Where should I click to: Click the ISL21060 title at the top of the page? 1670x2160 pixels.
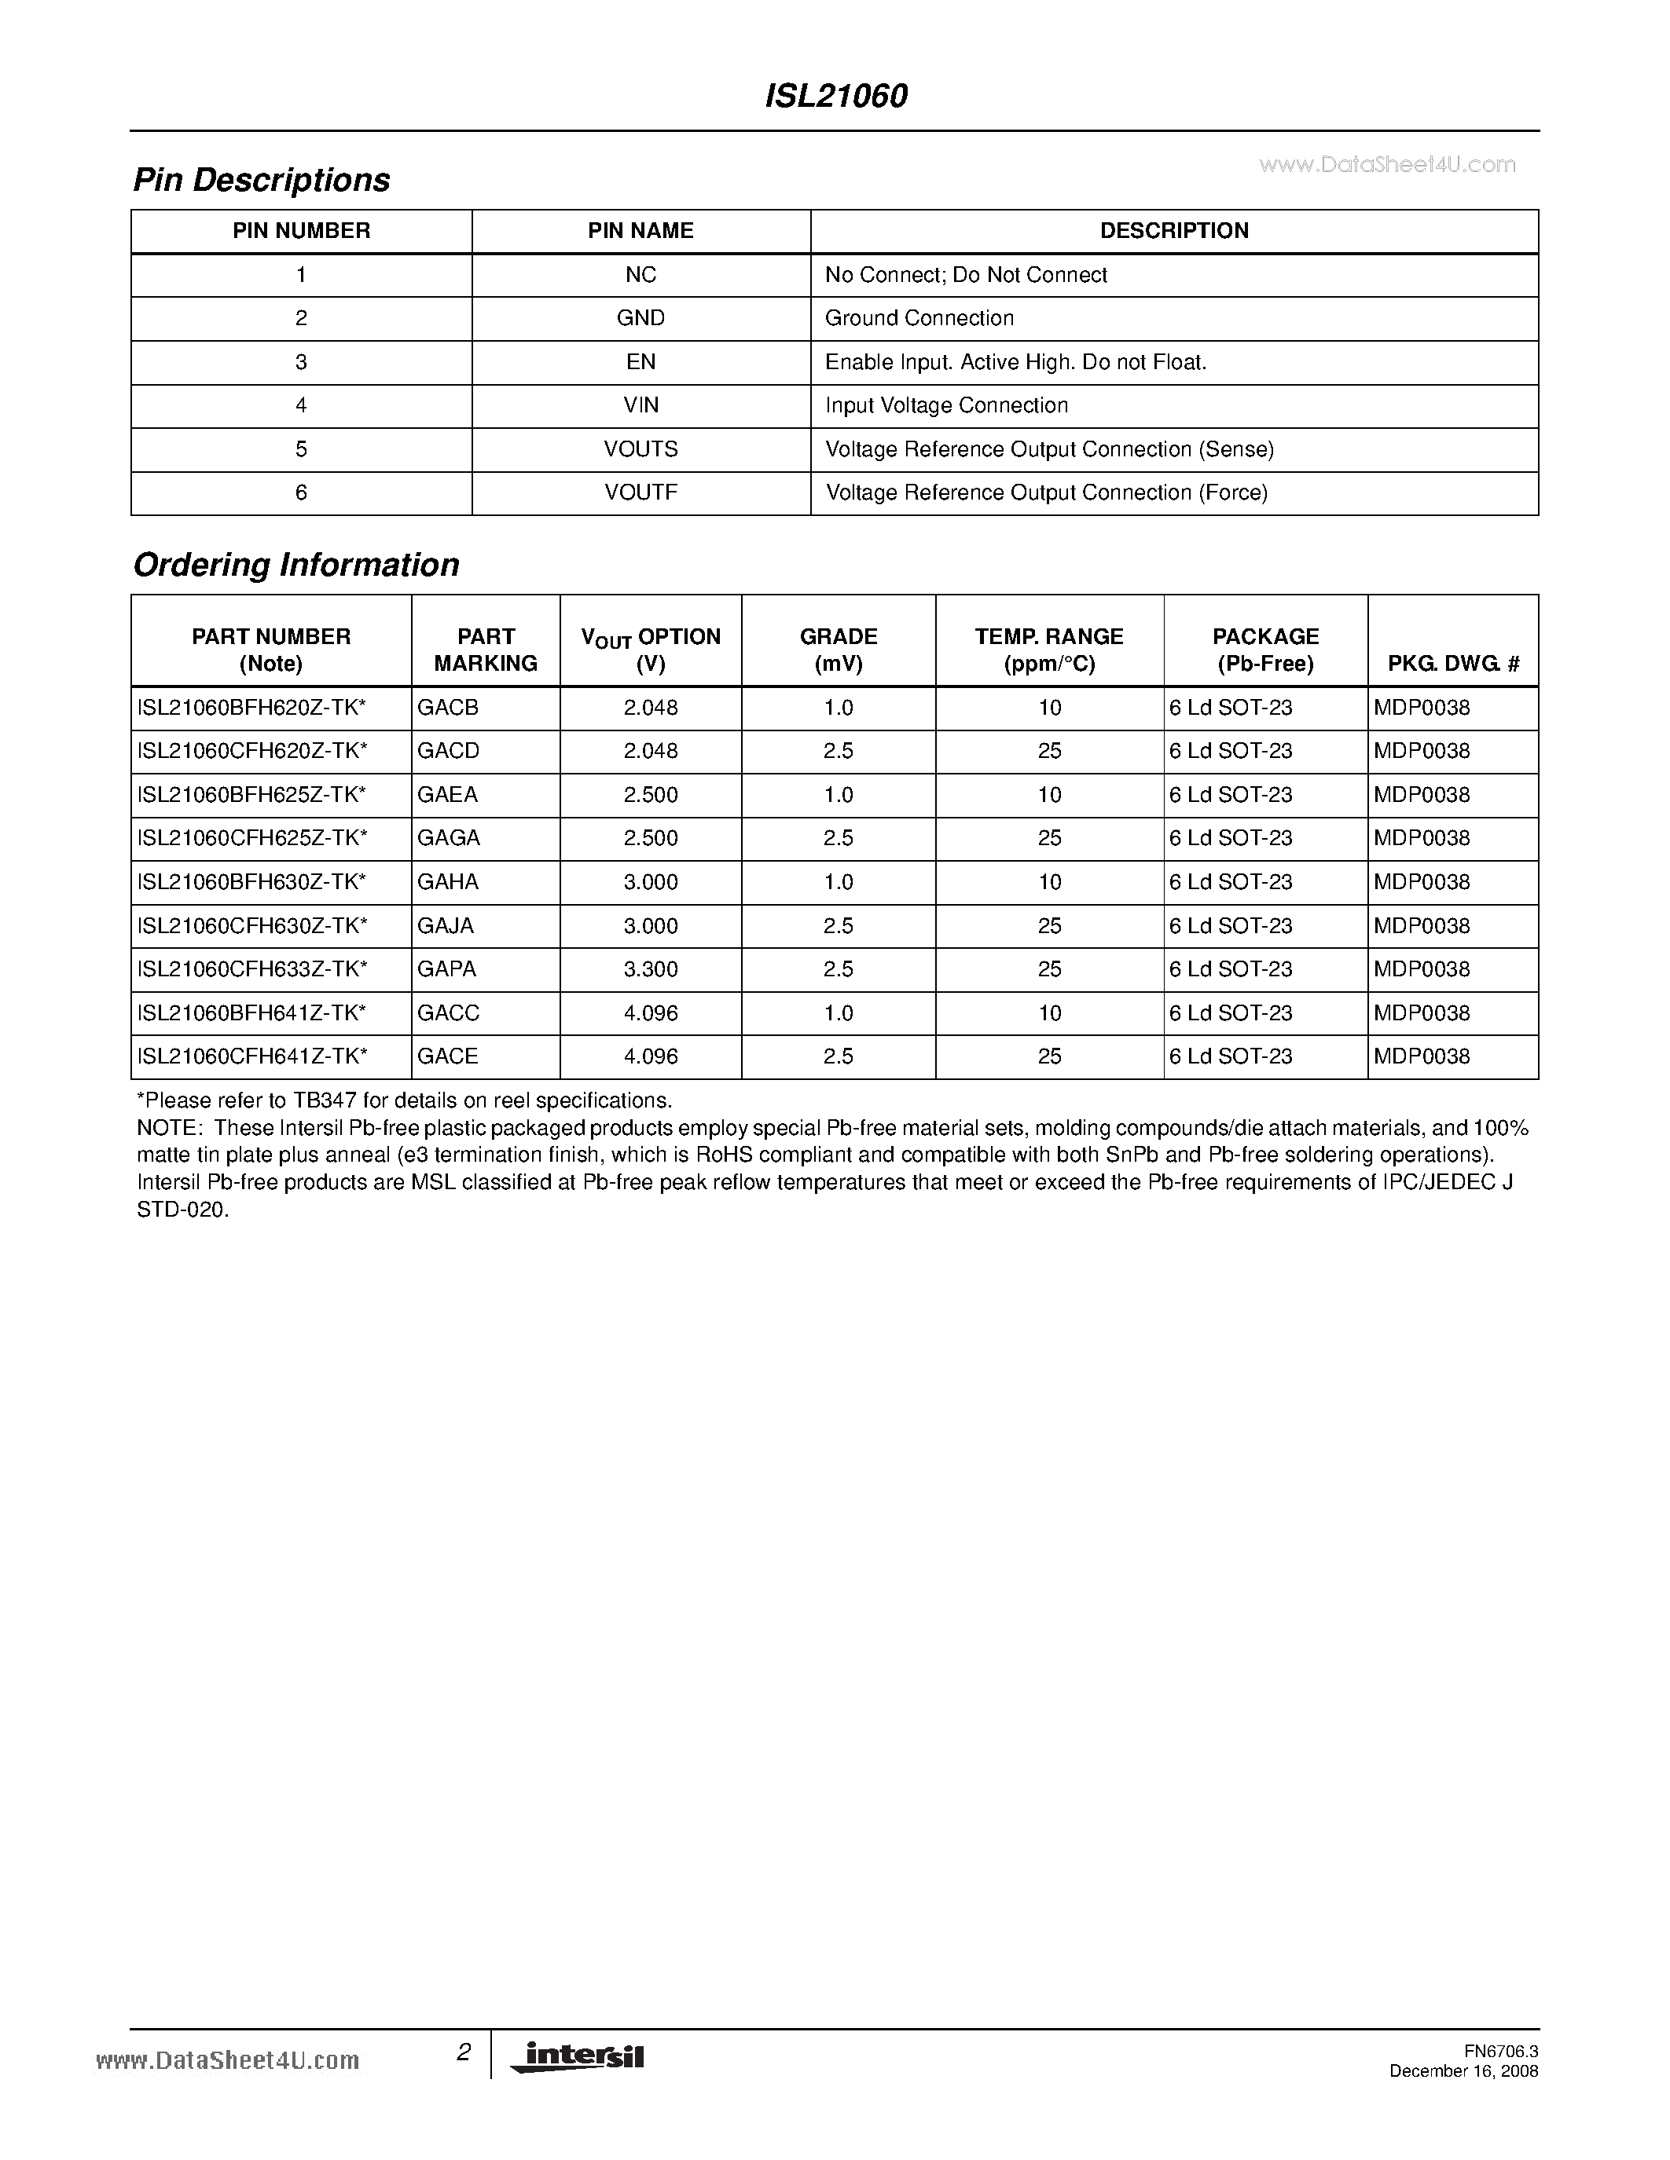coord(836,96)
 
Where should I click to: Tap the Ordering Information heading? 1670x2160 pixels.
coord(295,565)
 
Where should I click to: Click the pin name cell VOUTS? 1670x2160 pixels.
coord(641,449)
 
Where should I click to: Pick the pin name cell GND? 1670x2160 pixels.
coord(641,318)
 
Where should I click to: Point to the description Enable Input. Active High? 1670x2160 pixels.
coord(1015,362)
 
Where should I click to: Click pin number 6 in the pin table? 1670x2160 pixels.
coord(302,492)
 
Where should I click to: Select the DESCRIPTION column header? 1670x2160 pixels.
coord(1174,230)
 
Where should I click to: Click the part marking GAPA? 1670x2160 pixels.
coord(447,969)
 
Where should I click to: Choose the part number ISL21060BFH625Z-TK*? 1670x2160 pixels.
coord(252,795)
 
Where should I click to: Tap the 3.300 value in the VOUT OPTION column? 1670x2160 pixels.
coord(651,969)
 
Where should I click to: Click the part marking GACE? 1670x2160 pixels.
coord(448,1056)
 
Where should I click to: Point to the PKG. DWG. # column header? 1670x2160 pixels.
coord(1452,664)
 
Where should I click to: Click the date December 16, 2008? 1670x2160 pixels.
coord(1463,2071)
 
